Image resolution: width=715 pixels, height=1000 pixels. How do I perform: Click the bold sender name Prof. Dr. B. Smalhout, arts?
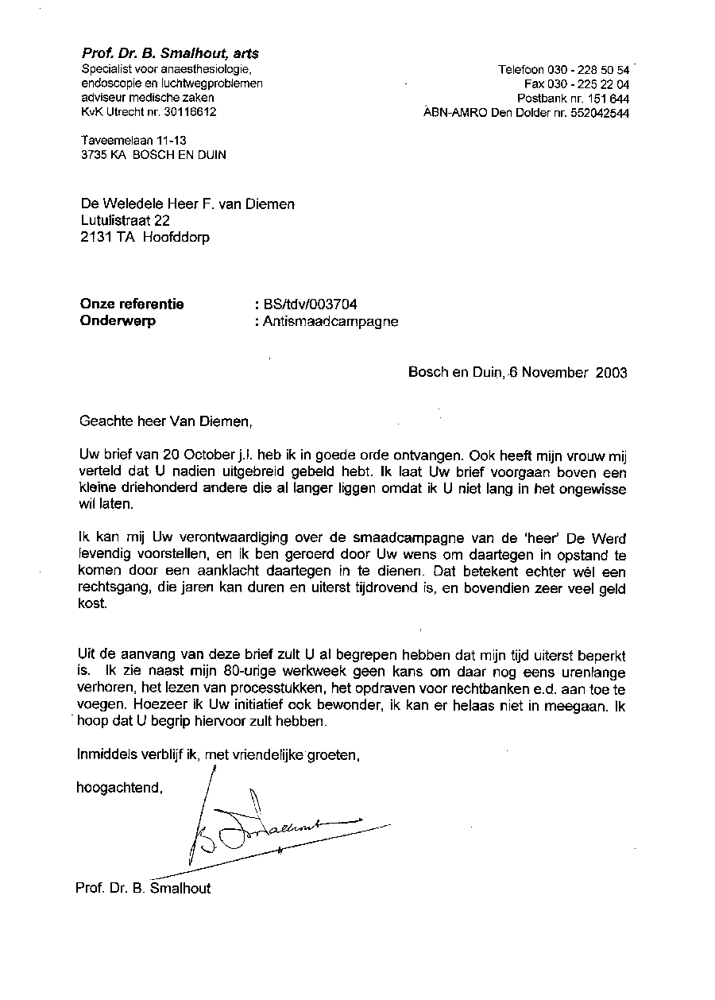tap(170, 54)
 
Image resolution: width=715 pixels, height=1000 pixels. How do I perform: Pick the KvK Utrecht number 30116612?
tap(187, 112)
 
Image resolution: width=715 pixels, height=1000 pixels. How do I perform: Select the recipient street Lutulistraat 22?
tap(126, 220)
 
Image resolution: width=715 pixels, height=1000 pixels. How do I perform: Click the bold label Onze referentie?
tap(133, 304)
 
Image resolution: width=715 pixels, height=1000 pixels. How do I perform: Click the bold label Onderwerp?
tap(118, 321)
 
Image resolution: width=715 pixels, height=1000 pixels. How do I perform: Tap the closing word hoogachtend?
tap(119, 788)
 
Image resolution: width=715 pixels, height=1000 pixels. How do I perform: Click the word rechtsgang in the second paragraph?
tap(111, 588)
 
